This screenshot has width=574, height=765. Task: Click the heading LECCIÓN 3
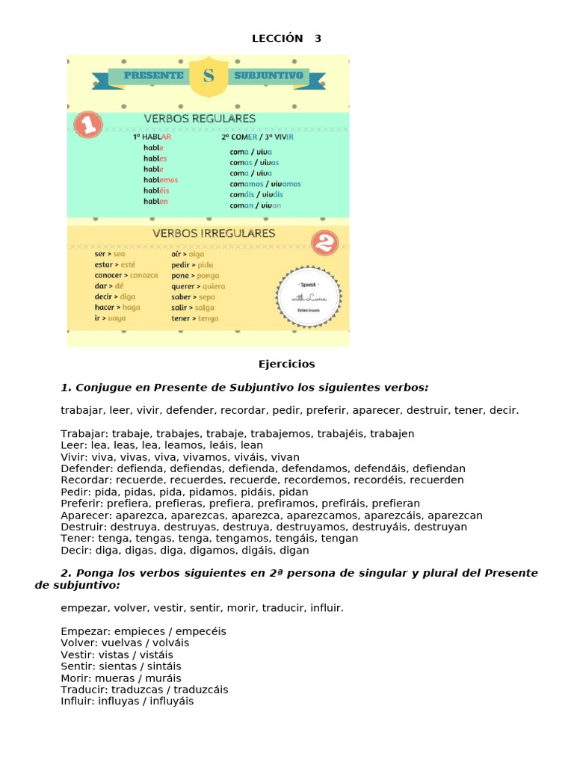pyautogui.click(x=287, y=38)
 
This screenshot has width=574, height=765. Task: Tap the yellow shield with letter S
pyautogui.click(x=208, y=76)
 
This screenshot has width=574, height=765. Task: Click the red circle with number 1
pyautogui.click(x=89, y=126)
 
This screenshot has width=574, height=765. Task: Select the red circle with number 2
pyautogui.click(x=324, y=243)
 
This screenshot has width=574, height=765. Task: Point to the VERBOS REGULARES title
pyautogui.click(x=200, y=119)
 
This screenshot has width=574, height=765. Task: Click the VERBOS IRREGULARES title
pyautogui.click(x=214, y=233)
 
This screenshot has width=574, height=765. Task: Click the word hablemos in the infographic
pyautogui.click(x=161, y=179)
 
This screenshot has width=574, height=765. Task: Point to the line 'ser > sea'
pyautogui.click(x=110, y=254)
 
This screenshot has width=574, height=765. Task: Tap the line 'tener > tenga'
pyautogui.click(x=194, y=318)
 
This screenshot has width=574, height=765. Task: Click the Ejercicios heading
pyautogui.click(x=287, y=364)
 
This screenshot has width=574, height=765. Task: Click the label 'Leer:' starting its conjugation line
pyautogui.click(x=75, y=445)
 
